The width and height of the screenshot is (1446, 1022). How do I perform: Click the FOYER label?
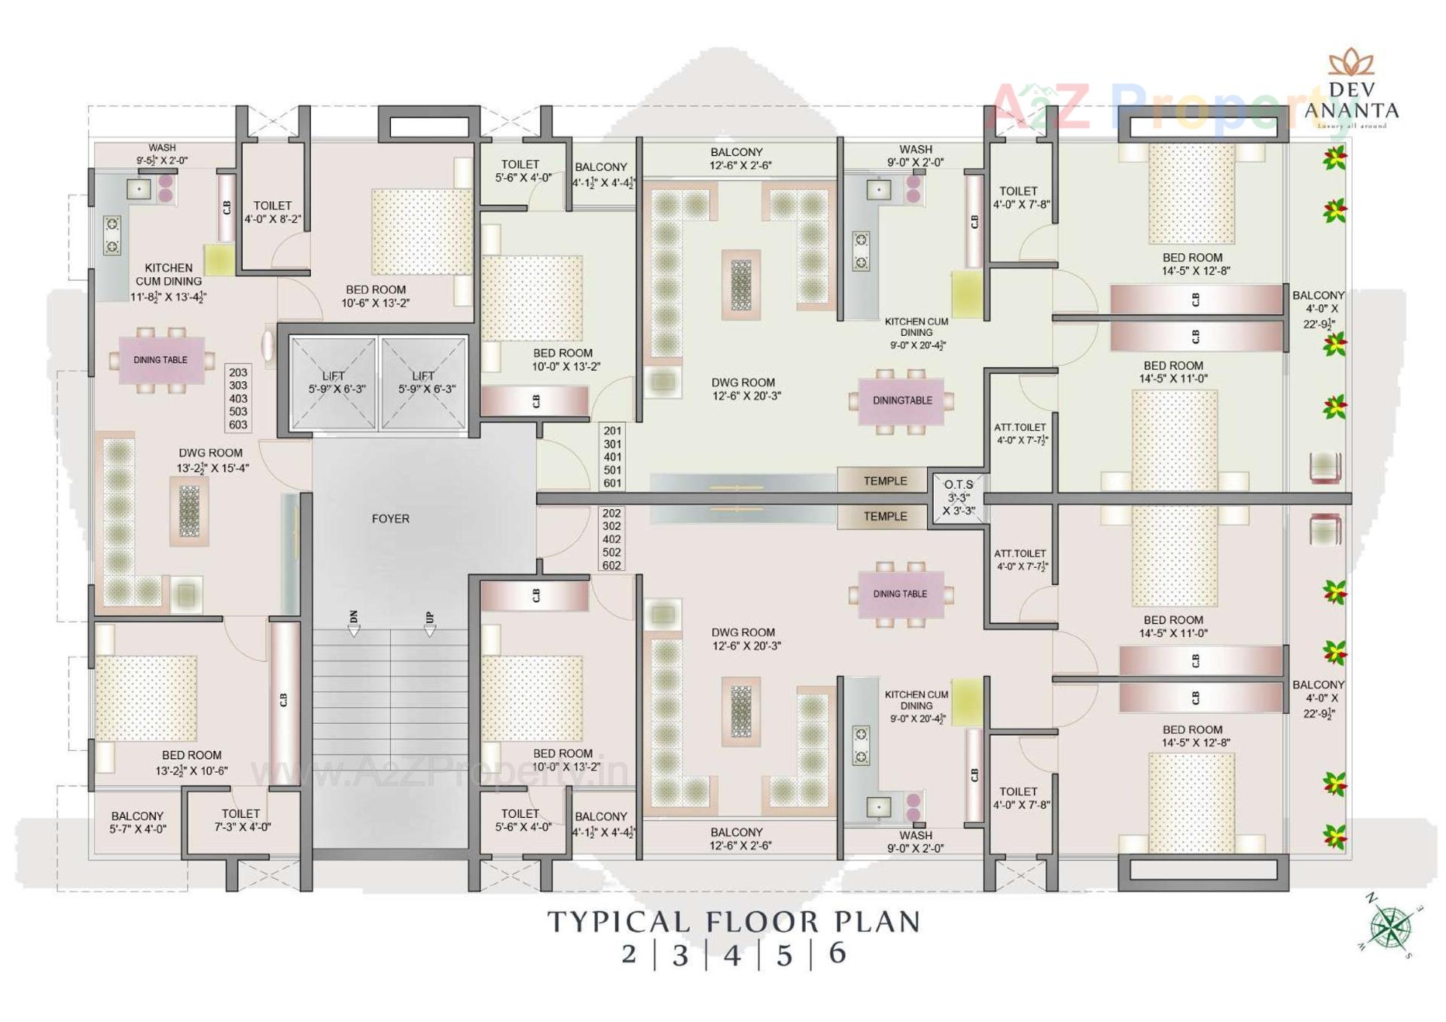(390, 519)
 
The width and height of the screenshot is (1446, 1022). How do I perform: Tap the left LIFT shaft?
(334, 383)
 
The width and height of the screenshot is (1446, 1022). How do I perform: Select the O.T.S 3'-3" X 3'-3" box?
(958, 497)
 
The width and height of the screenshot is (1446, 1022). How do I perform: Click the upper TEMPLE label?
(885, 480)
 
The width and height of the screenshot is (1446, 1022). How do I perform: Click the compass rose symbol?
(1390, 927)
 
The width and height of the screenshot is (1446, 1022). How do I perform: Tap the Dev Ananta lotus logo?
(1351, 63)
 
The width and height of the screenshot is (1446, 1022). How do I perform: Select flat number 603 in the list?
(238, 425)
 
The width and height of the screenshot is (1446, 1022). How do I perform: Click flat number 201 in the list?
(612, 431)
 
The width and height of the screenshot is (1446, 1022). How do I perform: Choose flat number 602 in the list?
(612, 566)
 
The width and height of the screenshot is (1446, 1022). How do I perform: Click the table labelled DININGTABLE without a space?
(901, 401)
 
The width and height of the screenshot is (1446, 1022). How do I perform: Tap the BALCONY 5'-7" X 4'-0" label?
(137, 822)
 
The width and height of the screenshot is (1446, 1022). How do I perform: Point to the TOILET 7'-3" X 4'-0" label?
(241, 820)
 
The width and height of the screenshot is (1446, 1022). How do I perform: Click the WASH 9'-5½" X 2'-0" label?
(162, 154)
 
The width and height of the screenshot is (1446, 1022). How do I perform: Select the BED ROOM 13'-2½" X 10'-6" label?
(191, 762)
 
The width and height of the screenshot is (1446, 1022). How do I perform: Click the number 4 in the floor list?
(731, 955)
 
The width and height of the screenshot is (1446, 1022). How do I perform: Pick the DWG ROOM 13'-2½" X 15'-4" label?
(212, 460)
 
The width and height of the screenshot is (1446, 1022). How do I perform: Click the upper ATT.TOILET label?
(1020, 433)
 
